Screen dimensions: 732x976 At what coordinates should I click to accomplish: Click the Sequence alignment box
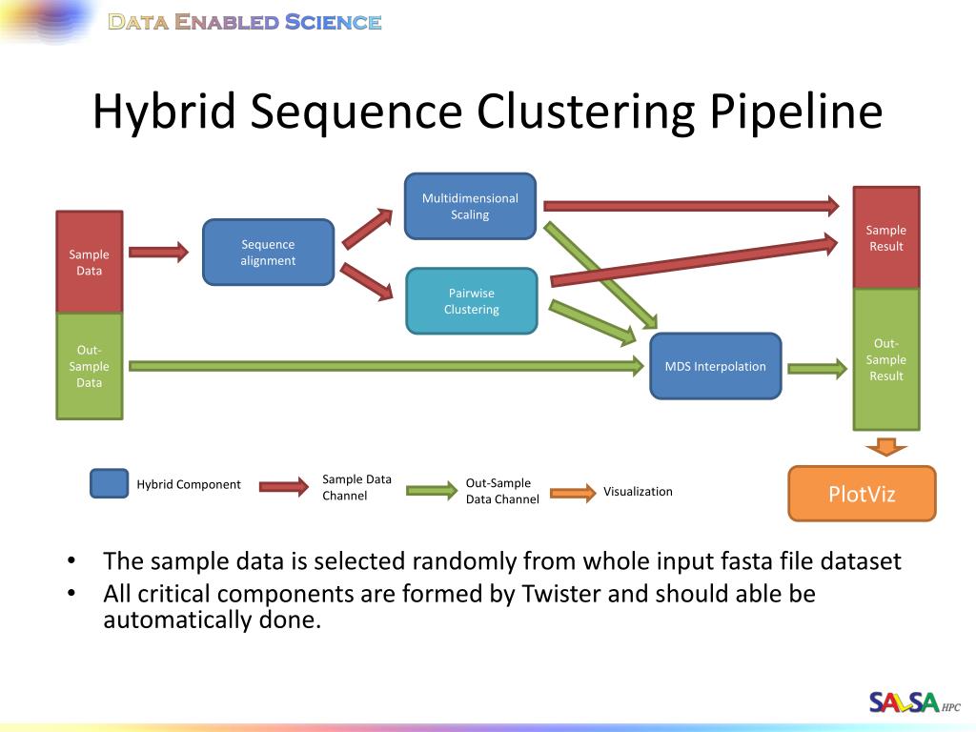click(268, 253)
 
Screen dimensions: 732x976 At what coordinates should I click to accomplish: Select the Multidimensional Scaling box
click(470, 206)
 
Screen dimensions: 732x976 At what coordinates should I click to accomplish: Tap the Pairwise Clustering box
click(471, 301)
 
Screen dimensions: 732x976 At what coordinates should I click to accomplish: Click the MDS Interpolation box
click(715, 366)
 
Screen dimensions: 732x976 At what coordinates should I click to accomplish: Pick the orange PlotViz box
click(862, 494)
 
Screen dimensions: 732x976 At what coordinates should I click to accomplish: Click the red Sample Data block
click(89, 262)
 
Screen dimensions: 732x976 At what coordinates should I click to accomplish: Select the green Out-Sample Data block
click(89, 367)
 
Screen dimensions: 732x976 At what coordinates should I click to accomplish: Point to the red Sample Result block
click(885, 237)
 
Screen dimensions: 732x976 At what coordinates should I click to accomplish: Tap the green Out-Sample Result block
click(885, 359)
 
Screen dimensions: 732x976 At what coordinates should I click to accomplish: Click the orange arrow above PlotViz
click(886, 446)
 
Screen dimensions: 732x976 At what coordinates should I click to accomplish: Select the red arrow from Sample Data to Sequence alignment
click(158, 253)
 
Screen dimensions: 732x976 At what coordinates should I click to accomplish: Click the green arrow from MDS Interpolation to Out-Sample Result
click(817, 368)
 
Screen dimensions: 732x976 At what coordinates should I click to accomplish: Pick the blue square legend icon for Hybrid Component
click(109, 484)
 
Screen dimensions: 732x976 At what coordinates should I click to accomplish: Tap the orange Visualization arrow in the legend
click(573, 493)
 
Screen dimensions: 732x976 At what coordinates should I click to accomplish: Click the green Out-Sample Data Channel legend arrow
click(432, 491)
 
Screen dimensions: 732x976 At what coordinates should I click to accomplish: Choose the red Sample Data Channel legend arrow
click(284, 486)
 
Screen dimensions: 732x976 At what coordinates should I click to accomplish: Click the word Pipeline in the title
click(796, 112)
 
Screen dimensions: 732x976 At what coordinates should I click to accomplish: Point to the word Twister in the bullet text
click(561, 594)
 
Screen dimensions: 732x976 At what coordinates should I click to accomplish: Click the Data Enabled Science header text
click(245, 22)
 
